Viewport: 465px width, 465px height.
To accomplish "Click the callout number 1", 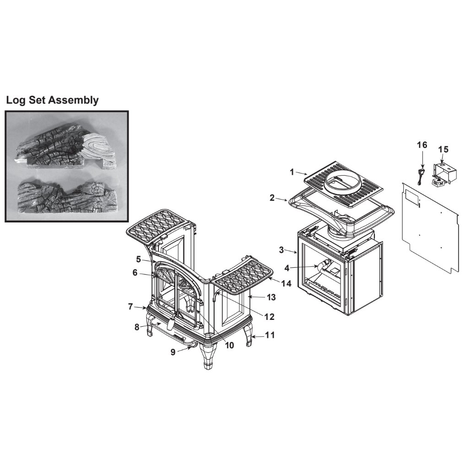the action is pos(292,172).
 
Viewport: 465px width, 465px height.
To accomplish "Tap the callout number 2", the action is pos(272,198).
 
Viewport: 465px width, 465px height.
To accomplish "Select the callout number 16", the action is pos(422,145).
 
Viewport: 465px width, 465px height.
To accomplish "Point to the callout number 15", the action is pos(443,150).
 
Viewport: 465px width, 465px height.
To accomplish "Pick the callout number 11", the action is pos(270,335).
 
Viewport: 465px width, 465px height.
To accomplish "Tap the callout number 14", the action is pos(286,283).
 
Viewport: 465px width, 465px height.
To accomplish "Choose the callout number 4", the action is pos(287,268).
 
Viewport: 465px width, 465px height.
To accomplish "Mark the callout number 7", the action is pos(130,306).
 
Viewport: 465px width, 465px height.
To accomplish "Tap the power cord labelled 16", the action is pos(419,176).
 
